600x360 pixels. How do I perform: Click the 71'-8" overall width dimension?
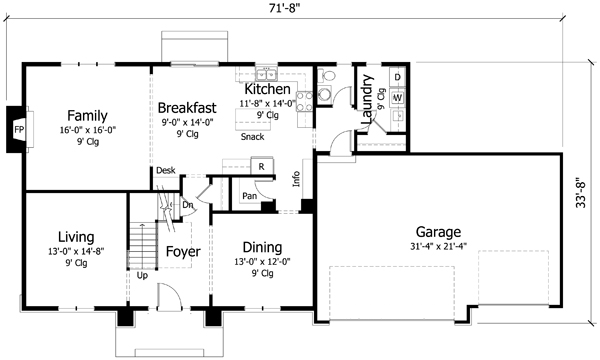point(298,9)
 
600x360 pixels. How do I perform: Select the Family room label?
point(87,114)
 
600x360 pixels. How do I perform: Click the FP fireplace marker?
point(18,130)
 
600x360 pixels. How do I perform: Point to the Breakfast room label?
point(188,107)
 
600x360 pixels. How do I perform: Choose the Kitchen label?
point(266,89)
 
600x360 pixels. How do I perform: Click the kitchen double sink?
point(265,73)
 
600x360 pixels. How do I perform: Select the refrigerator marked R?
point(261,166)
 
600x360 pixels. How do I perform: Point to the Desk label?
point(165,171)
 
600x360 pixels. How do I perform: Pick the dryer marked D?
point(397,77)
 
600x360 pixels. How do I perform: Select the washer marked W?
point(397,98)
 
